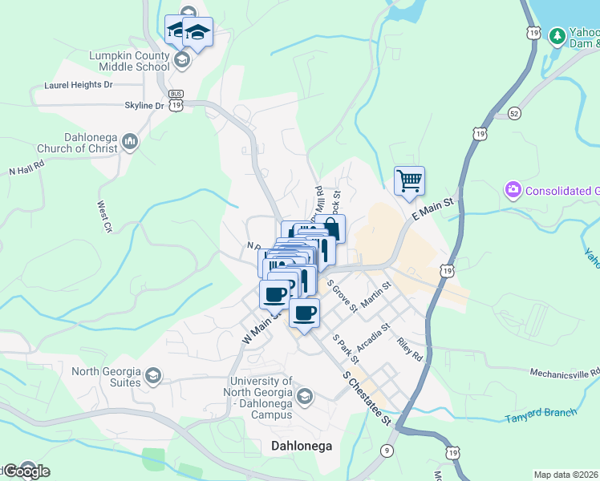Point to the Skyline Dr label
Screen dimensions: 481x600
click(x=144, y=105)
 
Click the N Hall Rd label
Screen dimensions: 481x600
click(x=26, y=170)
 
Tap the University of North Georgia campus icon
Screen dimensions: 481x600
click(x=304, y=395)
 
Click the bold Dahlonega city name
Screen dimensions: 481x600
click(x=302, y=446)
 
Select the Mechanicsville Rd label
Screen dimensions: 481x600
click(x=565, y=373)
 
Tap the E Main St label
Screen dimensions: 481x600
click(x=432, y=210)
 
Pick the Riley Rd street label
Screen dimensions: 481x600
click(x=409, y=349)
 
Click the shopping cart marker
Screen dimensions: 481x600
click(x=409, y=180)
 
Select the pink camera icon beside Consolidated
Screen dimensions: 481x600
click(x=512, y=190)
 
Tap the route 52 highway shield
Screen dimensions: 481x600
click(x=514, y=113)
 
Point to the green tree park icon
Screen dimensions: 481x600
click(x=557, y=36)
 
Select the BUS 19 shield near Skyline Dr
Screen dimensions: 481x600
click(x=176, y=103)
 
